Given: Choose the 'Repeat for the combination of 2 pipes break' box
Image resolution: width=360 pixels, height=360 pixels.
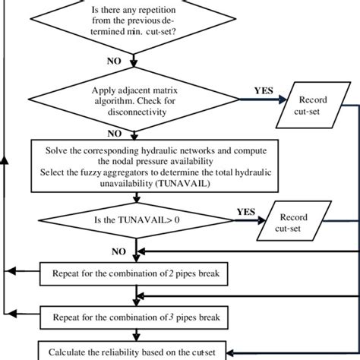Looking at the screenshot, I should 134,271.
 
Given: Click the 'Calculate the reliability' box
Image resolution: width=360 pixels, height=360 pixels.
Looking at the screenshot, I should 134,352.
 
